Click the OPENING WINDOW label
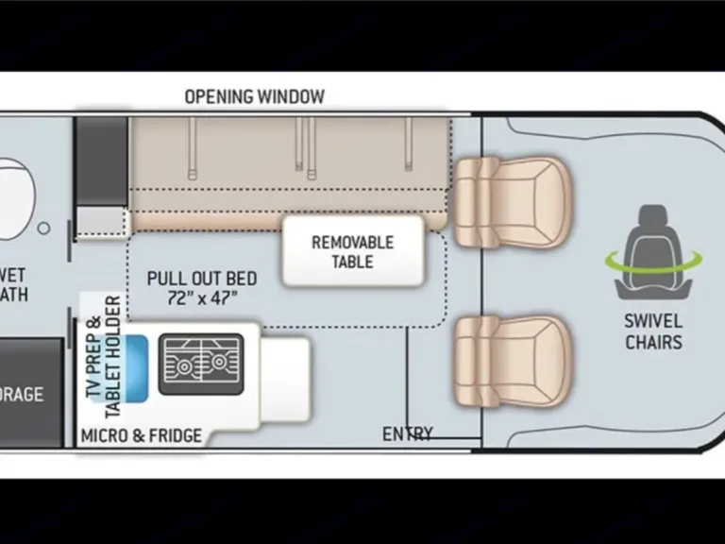point(254,96)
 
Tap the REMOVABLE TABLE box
point(351,250)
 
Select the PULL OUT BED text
point(201,279)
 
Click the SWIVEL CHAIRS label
point(653,331)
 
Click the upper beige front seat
point(514,200)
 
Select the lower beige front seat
point(514,361)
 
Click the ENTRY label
point(407,434)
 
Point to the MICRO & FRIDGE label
point(141,435)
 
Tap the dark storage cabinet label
point(23,393)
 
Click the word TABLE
point(351,262)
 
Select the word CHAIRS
point(653,342)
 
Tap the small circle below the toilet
point(43,228)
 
